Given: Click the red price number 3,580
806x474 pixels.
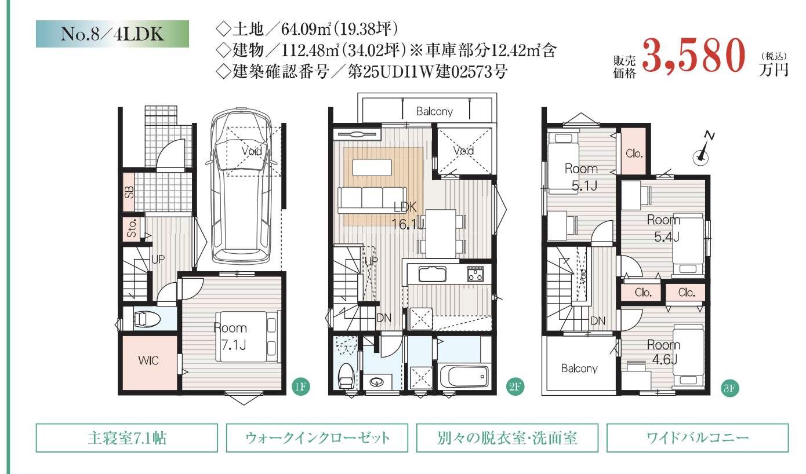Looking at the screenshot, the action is (x=694, y=56).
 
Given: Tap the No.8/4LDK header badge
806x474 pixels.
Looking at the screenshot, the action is (x=112, y=34).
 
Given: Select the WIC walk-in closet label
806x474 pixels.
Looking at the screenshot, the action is (x=148, y=360).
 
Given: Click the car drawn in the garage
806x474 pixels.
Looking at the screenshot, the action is (x=241, y=186).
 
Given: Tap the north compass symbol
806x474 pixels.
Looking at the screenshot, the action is (x=702, y=150).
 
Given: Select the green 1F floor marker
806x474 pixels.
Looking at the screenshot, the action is (x=300, y=387).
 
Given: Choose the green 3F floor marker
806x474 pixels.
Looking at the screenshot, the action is (x=729, y=388).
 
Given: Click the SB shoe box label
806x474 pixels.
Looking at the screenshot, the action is (x=129, y=192).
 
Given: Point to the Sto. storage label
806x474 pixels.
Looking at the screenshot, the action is (x=132, y=228).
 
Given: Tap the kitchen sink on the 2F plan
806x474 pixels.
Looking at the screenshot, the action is (x=432, y=275).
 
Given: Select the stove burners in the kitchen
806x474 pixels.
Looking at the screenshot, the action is (x=475, y=274).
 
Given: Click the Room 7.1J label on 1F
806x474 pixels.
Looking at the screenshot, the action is (x=231, y=336).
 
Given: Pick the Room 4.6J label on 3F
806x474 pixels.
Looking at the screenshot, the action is (x=664, y=352).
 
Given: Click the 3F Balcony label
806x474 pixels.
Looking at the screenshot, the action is (x=579, y=369).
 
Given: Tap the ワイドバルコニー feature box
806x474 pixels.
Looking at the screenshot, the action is (x=698, y=437).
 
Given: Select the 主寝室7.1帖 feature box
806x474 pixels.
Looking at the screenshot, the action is (x=127, y=437).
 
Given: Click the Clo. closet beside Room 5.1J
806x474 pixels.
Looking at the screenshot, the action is (x=634, y=151).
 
